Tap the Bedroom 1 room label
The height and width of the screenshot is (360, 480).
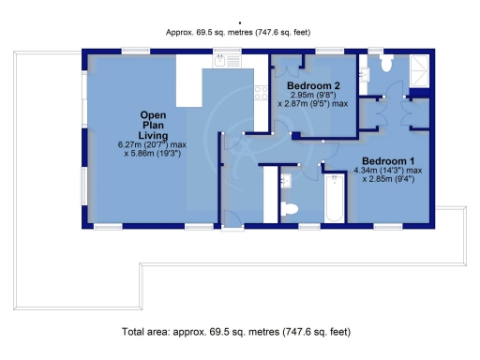tap(387, 160)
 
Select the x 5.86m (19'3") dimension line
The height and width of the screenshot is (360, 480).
tap(152, 154)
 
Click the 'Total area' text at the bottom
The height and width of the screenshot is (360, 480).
tap(237, 331)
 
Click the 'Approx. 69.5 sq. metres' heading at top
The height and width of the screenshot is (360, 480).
tap(239, 31)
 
